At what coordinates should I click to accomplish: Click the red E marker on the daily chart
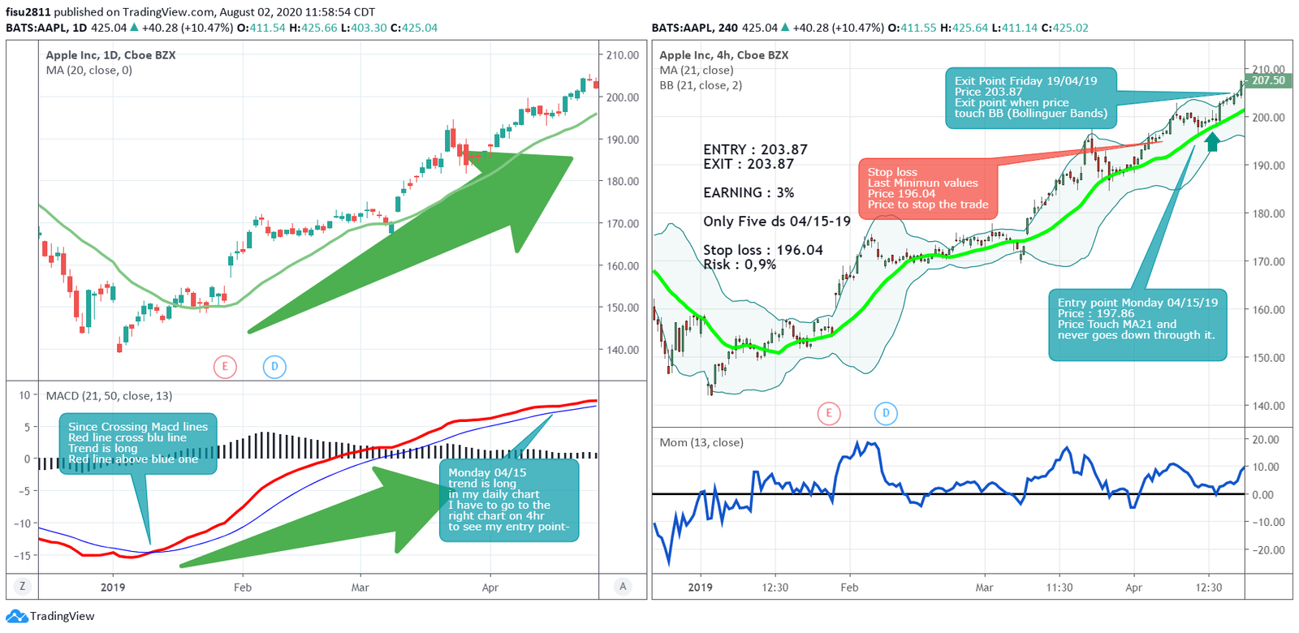(x=225, y=367)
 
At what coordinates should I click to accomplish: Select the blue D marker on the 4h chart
(x=886, y=413)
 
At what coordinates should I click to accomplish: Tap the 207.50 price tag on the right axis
(x=1268, y=80)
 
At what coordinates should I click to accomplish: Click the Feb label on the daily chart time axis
(x=242, y=587)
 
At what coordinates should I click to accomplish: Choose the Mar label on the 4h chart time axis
(x=984, y=587)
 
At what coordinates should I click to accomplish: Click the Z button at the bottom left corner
(x=22, y=586)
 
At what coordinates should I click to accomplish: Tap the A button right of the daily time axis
(x=623, y=586)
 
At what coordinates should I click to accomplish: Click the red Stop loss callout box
(x=927, y=188)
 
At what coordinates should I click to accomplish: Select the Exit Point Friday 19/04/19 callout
(x=1029, y=97)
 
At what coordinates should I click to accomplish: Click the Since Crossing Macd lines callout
(x=137, y=442)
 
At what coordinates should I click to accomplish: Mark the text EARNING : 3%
(x=749, y=192)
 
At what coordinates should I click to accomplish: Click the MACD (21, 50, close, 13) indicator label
(x=109, y=396)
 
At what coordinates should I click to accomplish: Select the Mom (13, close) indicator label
(x=701, y=442)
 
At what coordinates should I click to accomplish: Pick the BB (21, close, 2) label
(x=700, y=85)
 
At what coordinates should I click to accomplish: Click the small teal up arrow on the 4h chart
(x=1212, y=142)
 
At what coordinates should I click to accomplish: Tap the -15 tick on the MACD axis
(x=22, y=556)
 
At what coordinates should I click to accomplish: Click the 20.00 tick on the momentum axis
(x=1266, y=439)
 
